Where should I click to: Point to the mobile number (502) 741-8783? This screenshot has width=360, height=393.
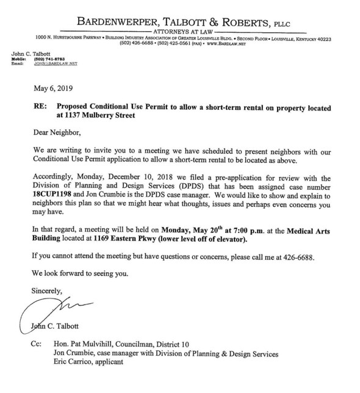(x=44, y=59)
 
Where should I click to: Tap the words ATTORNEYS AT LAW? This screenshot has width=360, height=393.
(x=179, y=29)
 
